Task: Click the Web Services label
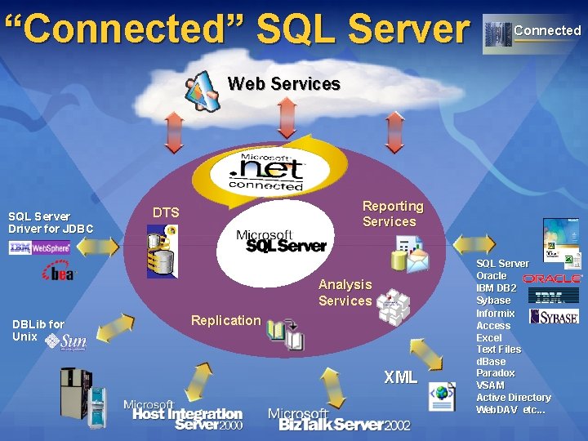283,83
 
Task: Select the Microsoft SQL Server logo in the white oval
280,241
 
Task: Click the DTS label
166,213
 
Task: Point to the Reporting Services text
393,214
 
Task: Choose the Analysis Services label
345,292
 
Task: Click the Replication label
225,320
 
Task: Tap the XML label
400,377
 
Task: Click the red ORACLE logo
552,278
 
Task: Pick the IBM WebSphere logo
39,247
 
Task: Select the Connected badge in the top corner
532,32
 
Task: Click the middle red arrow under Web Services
287,119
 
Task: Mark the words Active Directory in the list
514,398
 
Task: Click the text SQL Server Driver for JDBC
51,222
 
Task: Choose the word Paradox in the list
496,373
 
